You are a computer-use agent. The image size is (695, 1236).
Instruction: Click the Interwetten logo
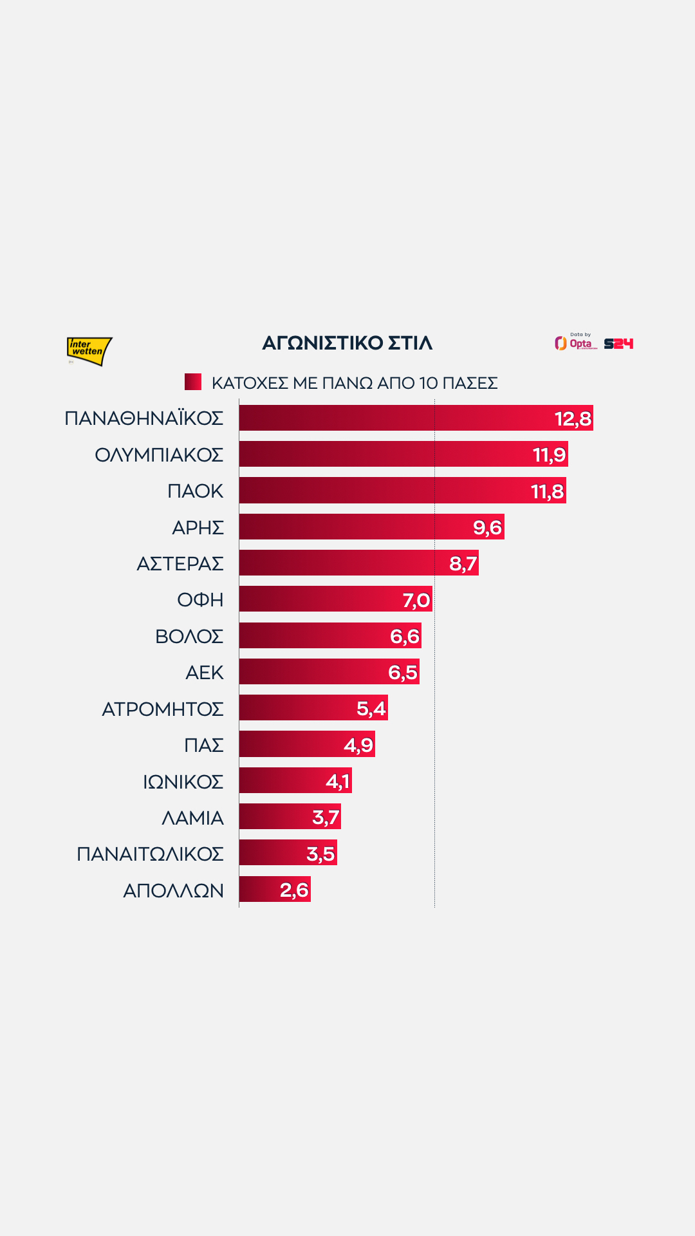pyautogui.click(x=89, y=351)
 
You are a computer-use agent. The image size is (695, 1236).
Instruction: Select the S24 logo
pyautogui.click(x=618, y=344)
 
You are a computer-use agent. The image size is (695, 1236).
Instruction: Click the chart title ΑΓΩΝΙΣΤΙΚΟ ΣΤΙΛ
pyautogui.click(x=347, y=343)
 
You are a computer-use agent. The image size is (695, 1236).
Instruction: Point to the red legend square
pyautogui.click(x=193, y=382)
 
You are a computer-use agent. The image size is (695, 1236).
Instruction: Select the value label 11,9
pyautogui.click(x=549, y=455)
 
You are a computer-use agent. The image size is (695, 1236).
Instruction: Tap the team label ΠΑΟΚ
pyautogui.click(x=195, y=491)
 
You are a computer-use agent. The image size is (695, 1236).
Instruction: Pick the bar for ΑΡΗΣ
pyautogui.click(x=354, y=527)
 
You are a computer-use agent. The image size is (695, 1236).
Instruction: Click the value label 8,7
pyautogui.click(x=463, y=564)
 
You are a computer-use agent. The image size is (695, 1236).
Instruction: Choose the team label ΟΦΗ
pyautogui.click(x=200, y=600)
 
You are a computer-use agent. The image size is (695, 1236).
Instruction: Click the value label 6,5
pyautogui.click(x=403, y=673)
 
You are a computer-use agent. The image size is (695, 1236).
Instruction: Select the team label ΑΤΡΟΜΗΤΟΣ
pyautogui.click(x=163, y=709)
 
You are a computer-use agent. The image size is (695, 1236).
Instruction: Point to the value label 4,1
pyautogui.click(x=338, y=782)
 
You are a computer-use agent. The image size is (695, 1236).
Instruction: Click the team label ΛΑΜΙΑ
pyautogui.click(x=192, y=818)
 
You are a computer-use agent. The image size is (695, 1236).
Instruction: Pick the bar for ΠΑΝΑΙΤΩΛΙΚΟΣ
pyautogui.click(x=270, y=853)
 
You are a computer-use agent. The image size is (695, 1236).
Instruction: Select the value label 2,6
pyautogui.click(x=294, y=890)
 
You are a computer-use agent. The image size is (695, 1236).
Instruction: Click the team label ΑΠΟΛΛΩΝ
pyautogui.click(x=173, y=890)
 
